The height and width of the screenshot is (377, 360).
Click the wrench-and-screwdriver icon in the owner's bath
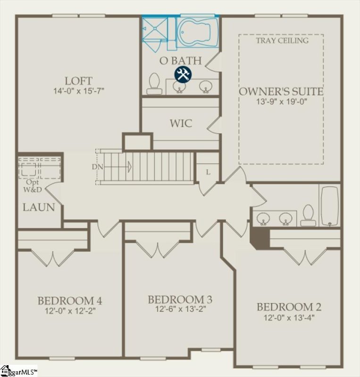(183, 74)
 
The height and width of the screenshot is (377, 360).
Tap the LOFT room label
(79, 80)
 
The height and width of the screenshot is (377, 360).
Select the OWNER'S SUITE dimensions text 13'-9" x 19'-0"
(282, 101)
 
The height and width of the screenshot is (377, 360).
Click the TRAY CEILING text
(282, 41)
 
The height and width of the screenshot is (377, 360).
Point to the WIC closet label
(181, 123)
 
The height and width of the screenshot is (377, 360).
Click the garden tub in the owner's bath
(197, 32)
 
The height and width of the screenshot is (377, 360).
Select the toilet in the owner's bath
(153, 84)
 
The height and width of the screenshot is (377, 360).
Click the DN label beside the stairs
(97, 167)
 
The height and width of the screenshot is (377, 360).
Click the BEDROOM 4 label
(70, 301)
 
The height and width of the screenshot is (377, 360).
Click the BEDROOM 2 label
(289, 307)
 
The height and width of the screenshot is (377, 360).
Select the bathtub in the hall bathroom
(329, 205)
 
